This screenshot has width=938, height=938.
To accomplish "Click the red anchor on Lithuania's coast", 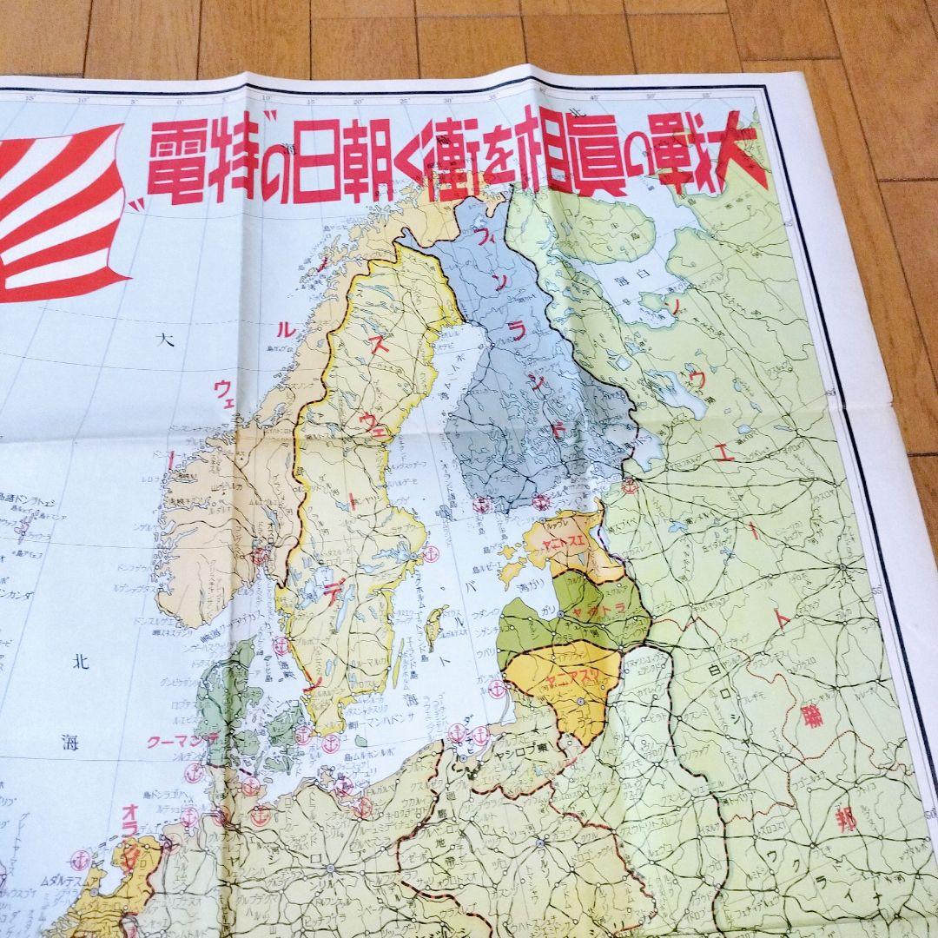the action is tap(497, 690).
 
